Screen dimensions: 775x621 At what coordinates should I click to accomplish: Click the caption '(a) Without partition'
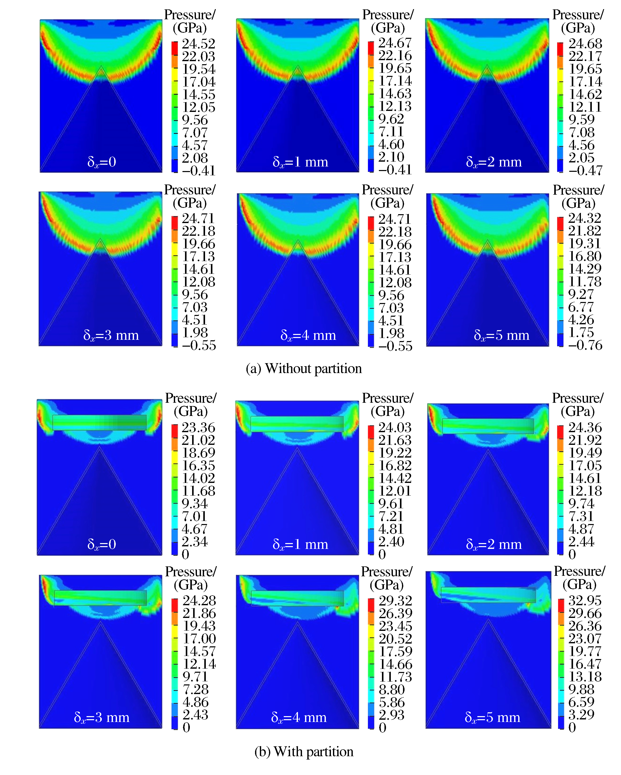304,368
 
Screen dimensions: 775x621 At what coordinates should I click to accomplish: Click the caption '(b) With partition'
304,751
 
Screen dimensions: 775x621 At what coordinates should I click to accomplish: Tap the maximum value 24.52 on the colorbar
198,43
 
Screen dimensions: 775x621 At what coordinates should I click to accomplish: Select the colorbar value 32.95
585,600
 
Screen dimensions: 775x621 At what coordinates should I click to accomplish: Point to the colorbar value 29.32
395,600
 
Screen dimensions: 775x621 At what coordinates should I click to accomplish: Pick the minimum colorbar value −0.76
585,345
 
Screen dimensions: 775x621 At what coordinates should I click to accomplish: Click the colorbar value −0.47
585,170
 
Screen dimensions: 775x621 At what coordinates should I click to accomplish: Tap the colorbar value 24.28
199,600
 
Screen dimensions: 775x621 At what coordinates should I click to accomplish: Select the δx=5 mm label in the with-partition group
492,717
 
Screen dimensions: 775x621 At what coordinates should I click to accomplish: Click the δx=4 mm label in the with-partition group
299,717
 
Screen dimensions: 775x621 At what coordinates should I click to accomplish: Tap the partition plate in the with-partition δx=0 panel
99,422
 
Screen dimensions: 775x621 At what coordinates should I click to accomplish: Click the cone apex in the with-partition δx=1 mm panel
297,448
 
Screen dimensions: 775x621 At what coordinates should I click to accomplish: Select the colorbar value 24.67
394,43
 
